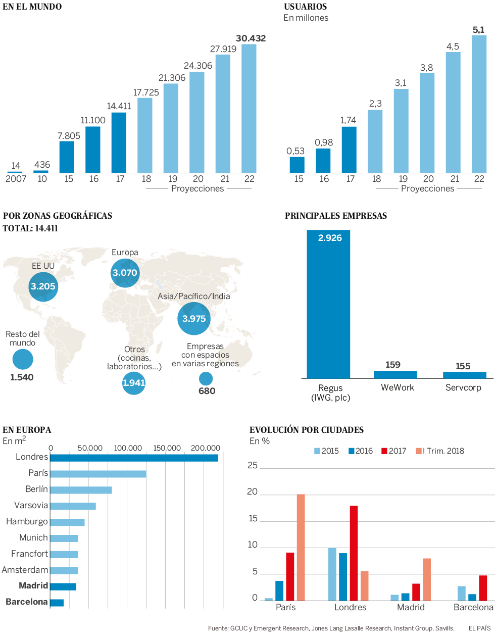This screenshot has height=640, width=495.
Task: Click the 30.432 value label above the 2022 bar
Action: click(x=251, y=38)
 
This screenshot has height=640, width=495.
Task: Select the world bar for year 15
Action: click(x=67, y=157)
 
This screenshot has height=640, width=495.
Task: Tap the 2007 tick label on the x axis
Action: click(x=16, y=179)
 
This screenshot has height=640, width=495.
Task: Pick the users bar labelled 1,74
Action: click(x=349, y=150)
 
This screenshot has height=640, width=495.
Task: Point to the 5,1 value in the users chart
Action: click(x=478, y=30)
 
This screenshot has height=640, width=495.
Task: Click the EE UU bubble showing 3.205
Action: click(x=43, y=286)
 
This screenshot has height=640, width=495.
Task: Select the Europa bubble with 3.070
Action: click(x=125, y=273)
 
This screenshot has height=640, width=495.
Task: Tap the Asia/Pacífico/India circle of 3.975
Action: click(x=194, y=319)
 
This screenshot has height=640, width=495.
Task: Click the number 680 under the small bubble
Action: click(x=207, y=391)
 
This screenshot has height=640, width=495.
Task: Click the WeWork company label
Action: click(x=398, y=387)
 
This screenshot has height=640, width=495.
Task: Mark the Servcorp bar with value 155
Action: click(x=465, y=375)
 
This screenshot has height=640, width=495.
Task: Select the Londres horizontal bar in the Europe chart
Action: click(x=134, y=458)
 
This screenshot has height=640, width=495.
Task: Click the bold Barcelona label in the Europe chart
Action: click(x=27, y=602)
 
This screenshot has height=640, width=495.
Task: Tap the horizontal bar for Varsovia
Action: click(x=73, y=506)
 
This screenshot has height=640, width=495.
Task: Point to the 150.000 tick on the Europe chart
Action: click(x=167, y=448)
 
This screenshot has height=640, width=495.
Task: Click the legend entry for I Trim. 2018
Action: click(x=440, y=451)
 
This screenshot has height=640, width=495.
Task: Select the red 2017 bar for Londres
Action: click(x=354, y=553)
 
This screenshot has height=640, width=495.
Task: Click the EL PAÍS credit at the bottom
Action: click(x=479, y=628)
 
